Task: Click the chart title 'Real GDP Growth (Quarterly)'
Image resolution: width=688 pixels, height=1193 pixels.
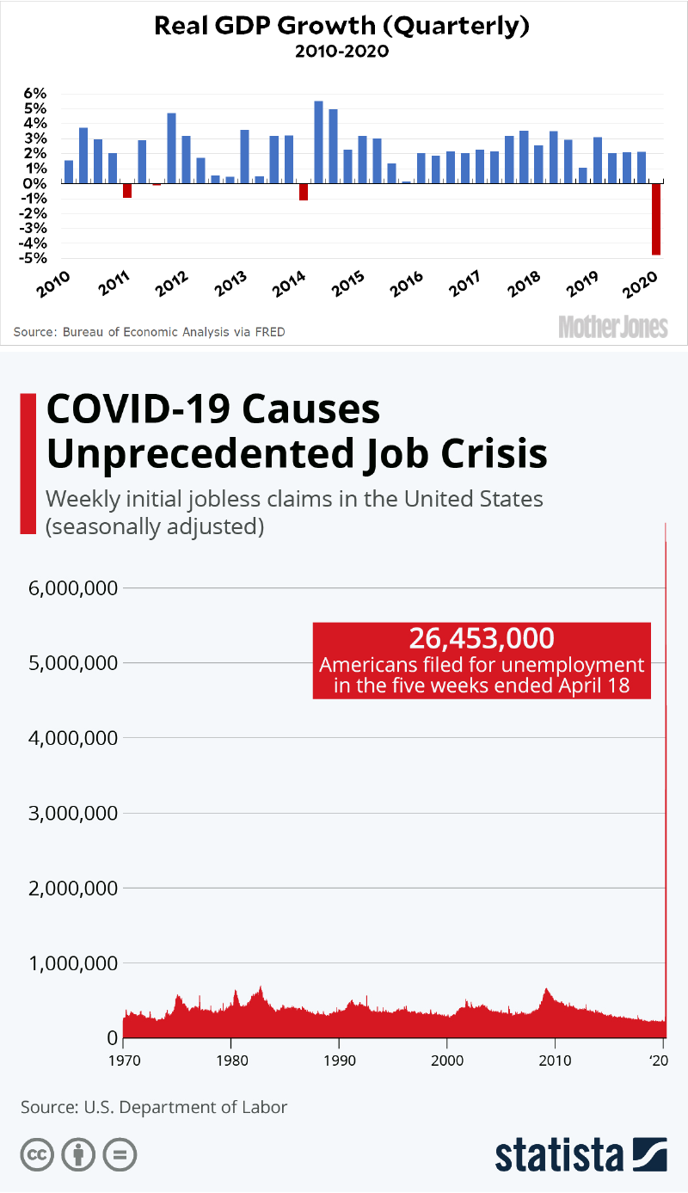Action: point(341,26)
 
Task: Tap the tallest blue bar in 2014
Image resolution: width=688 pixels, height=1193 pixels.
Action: point(318,142)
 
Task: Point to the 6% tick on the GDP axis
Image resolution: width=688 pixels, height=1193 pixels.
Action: point(34,93)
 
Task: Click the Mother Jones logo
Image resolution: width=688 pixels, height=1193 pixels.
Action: point(612,326)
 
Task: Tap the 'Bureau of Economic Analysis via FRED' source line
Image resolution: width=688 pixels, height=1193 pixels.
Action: point(149,331)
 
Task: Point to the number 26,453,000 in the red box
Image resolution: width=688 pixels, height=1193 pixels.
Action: point(481,638)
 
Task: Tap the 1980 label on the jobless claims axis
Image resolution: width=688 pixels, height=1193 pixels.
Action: point(230,1060)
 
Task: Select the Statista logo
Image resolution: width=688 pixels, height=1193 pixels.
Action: point(580,1153)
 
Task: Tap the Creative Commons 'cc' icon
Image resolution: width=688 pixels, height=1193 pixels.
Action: point(37,1154)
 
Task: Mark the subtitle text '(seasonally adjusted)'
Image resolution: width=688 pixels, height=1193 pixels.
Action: point(155,526)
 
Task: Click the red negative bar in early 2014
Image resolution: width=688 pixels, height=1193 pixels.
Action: point(304,192)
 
